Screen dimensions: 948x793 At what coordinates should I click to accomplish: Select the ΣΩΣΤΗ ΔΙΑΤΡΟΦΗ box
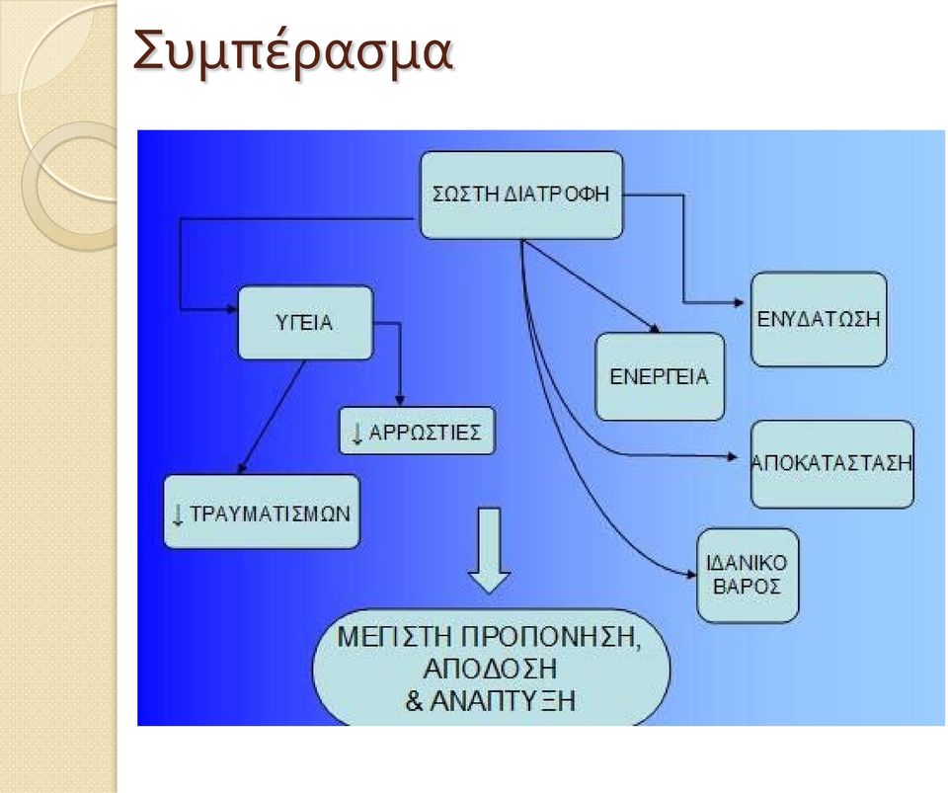pyautogui.click(x=521, y=195)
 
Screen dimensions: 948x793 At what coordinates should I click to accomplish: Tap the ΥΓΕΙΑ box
pyautogui.click(x=305, y=323)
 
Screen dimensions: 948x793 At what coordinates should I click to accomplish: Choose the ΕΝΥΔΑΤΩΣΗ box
pyautogui.click(x=819, y=319)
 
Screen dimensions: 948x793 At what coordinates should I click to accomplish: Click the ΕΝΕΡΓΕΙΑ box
pyautogui.click(x=660, y=376)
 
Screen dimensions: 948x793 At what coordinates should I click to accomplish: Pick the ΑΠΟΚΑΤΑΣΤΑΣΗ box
pyautogui.click(x=831, y=463)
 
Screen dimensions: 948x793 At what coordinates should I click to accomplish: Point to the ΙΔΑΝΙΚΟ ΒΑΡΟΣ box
pyautogui.click(x=748, y=576)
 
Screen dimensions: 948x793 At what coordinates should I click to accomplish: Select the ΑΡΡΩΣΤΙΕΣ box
pyautogui.click(x=417, y=432)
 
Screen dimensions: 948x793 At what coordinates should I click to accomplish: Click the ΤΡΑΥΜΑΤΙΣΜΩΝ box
pyautogui.click(x=262, y=512)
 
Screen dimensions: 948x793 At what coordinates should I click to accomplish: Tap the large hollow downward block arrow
pyautogui.click(x=489, y=551)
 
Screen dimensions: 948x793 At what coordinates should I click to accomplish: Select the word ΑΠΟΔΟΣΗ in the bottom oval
pyautogui.click(x=491, y=670)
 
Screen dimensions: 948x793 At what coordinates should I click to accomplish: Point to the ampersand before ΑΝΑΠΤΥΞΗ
pyautogui.click(x=414, y=701)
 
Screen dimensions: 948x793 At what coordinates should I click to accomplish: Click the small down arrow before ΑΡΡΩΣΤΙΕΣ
pyautogui.click(x=356, y=434)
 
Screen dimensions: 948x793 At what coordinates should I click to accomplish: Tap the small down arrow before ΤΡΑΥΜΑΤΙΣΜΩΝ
pyautogui.click(x=178, y=515)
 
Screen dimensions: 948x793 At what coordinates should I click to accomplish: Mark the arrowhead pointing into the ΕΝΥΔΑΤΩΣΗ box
pyautogui.click(x=739, y=302)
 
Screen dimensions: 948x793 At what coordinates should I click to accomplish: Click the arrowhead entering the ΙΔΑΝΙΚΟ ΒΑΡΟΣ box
pyautogui.click(x=691, y=574)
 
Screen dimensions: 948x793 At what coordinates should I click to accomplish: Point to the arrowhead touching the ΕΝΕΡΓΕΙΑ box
pyautogui.click(x=654, y=329)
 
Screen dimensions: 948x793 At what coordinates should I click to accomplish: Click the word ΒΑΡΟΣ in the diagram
pyautogui.click(x=748, y=588)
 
